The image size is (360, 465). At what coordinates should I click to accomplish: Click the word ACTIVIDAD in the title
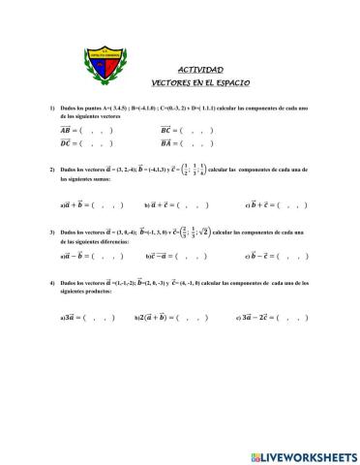(x=200, y=70)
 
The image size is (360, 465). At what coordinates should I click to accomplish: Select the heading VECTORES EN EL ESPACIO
(x=200, y=83)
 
